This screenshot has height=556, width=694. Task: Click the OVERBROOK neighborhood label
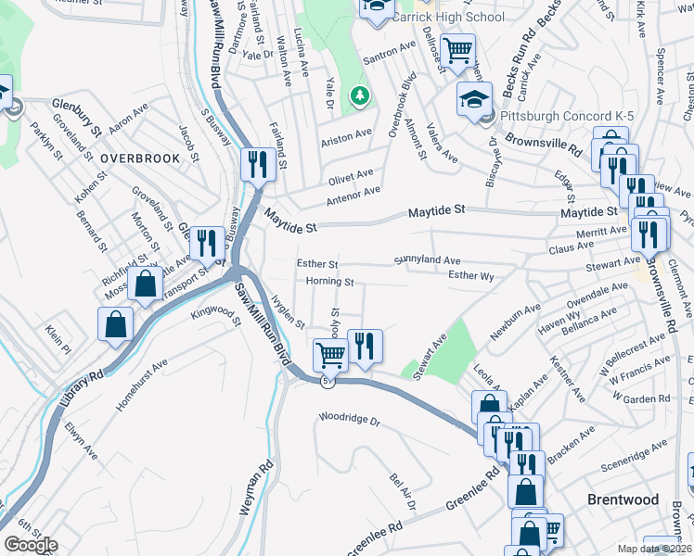click(140, 158)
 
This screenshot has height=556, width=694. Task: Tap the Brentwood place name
click(623, 499)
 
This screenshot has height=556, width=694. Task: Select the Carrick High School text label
click(447, 17)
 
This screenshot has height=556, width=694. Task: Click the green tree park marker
click(358, 95)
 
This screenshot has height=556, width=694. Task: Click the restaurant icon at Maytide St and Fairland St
click(256, 165)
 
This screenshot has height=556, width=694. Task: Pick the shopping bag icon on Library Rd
click(114, 324)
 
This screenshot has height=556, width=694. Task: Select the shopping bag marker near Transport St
click(146, 284)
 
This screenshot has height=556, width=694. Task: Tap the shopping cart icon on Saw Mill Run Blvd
click(330, 354)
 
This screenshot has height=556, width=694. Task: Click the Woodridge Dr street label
click(350, 420)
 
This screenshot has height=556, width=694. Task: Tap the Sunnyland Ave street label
click(428, 261)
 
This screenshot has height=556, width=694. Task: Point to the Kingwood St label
click(215, 315)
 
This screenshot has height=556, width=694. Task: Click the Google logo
click(32, 545)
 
